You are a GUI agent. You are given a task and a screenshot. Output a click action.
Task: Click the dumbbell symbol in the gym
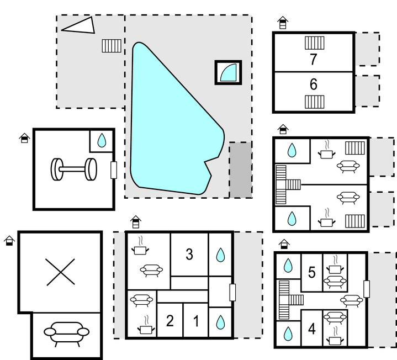(x=73, y=169)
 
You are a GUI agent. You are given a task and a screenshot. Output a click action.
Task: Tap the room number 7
(x=314, y=59)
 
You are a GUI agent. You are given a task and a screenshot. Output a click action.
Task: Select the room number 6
(x=314, y=84)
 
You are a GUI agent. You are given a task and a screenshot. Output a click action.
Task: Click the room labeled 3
(x=189, y=254)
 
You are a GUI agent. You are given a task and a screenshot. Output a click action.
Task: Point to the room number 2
(x=170, y=321)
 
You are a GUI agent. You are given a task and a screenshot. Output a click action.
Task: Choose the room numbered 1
(x=196, y=321)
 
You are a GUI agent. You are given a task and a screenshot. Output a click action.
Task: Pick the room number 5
(x=312, y=272)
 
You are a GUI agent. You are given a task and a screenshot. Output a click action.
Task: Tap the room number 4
(x=312, y=329)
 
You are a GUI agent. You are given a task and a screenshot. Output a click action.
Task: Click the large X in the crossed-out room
(x=61, y=272)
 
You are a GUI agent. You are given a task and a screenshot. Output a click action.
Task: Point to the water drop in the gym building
(x=102, y=140)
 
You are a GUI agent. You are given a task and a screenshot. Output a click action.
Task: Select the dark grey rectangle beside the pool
(x=241, y=170)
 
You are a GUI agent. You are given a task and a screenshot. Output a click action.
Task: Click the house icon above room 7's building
(x=283, y=23)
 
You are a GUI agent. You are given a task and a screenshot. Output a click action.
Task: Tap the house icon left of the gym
(x=24, y=138)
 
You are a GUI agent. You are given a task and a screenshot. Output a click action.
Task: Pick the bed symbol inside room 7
(x=315, y=43)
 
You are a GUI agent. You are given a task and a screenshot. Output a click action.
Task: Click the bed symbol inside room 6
(x=315, y=102)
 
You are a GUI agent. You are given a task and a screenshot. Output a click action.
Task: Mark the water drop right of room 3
(x=220, y=255)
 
